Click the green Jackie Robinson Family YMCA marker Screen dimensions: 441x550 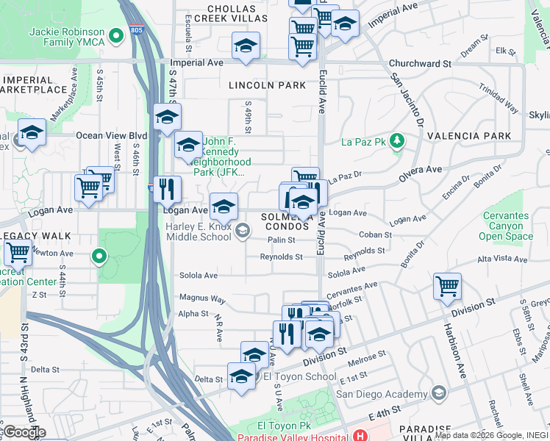tap(115, 35)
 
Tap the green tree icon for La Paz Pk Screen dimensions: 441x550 tap(396, 140)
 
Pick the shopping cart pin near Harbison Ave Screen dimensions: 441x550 tap(447, 285)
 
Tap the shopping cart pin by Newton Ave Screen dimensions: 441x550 tap(18, 252)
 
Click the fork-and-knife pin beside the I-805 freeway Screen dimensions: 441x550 tap(168, 189)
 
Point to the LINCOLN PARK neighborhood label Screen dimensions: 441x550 tap(267, 85)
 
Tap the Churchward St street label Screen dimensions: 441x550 tap(420, 64)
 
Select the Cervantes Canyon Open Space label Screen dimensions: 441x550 tap(505, 226)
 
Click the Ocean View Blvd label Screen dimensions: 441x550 tap(112, 136)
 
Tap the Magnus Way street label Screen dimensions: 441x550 tap(202, 299)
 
